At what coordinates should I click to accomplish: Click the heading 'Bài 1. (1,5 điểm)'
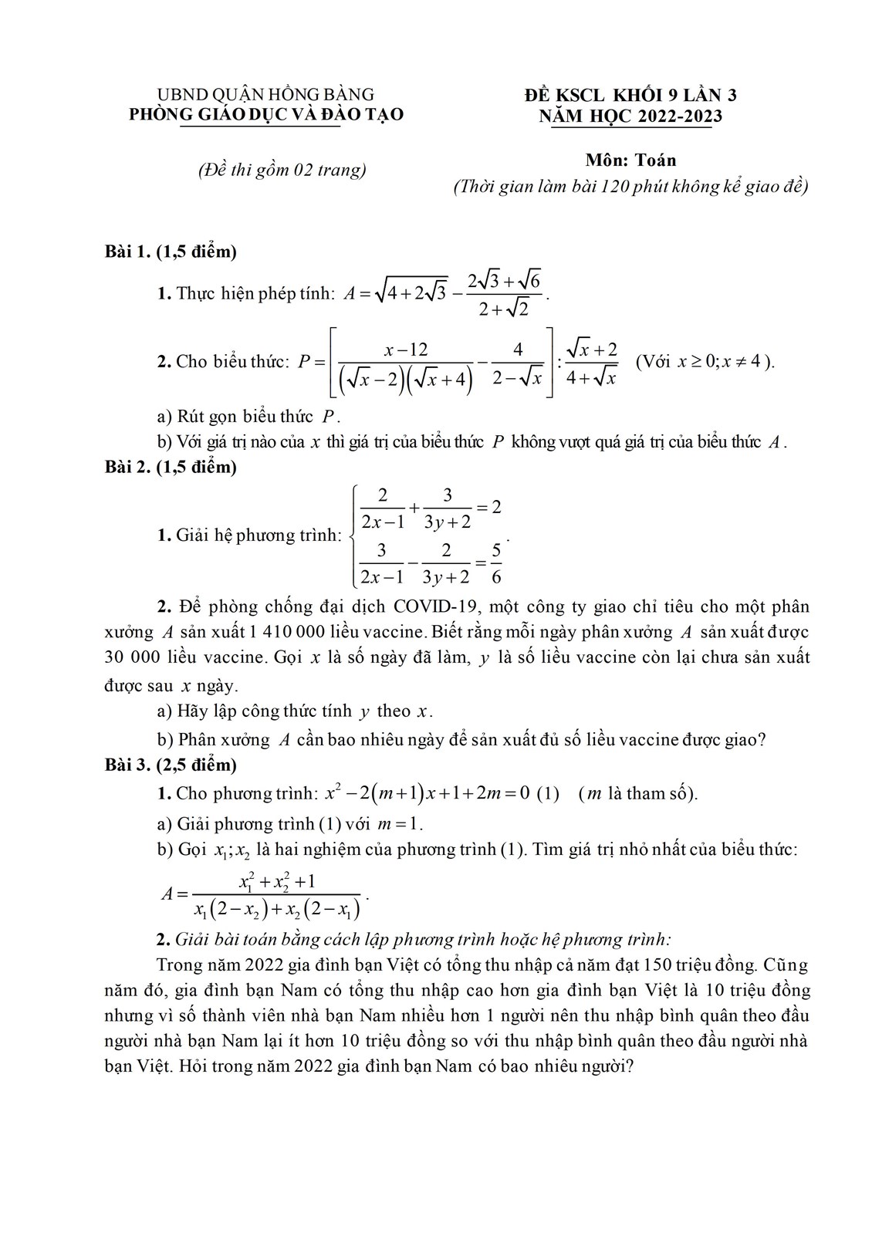click(x=171, y=252)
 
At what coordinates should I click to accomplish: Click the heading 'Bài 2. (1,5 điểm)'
click(x=171, y=467)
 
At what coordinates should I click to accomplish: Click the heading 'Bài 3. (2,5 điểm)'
click(x=171, y=765)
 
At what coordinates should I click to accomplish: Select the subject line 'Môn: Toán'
click(x=630, y=160)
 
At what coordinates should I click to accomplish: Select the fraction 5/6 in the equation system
click(x=495, y=562)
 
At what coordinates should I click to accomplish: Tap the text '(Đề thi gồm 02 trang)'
click(x=282, y=170)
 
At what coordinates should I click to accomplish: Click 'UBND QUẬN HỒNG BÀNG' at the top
click(x=265, y=95)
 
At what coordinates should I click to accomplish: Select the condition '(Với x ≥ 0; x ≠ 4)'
click(x=705, y=362)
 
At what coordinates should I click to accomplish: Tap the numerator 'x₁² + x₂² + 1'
click(x=277, y=881)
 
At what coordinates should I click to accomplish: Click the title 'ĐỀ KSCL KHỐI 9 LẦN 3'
click(x=630, y=96)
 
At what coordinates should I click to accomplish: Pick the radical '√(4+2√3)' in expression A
click(x=410, y=292)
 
